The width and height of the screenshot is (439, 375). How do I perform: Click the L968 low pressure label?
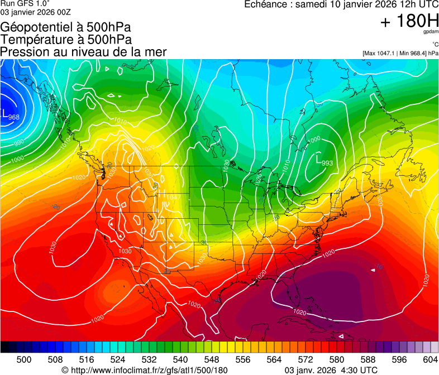click(12, 116)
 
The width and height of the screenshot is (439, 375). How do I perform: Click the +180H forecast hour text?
click(409, 21)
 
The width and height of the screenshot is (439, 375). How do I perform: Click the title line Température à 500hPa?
click(66, 40)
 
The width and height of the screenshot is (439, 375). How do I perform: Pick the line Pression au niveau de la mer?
click(83, 52)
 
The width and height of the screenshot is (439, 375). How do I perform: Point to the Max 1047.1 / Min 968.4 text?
click(400, 54)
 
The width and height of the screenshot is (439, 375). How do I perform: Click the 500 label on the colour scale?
click(24, 359)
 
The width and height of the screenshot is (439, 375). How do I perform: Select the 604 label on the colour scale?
click(430, 359)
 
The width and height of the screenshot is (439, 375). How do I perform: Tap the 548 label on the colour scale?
click(212, 359)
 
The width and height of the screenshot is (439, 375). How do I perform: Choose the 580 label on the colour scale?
click(336, 359)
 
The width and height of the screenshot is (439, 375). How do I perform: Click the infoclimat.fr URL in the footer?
click(145, 370)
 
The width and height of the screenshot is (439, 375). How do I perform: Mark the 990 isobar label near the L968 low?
click(18, 143)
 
